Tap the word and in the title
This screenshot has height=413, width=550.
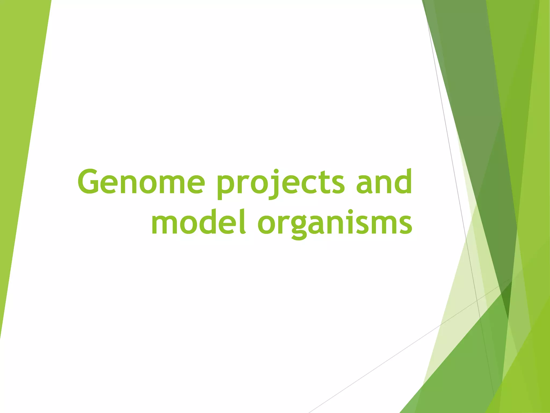(x=384, y=182)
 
